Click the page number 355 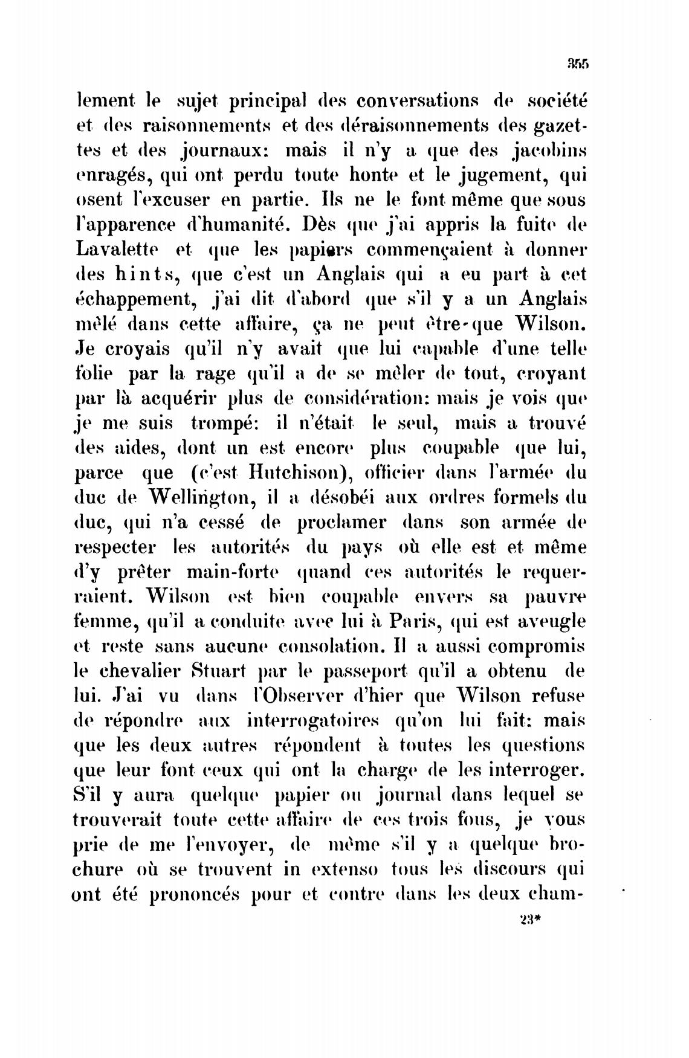[x=578, y=62]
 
